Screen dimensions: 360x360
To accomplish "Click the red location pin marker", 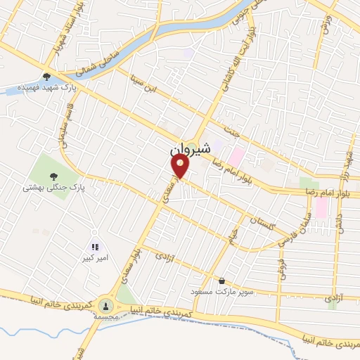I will tap(181, 167).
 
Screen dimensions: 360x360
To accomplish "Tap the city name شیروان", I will tap(191, 149).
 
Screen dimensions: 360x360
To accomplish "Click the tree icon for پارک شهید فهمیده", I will tap(47, 77).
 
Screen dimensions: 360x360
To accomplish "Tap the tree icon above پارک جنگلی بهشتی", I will tap(53, 176).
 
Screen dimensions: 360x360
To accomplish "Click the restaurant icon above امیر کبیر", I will tap(95, 247).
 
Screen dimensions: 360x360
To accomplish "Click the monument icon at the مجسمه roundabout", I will tap(105, 305).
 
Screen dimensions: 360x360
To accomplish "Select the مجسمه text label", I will tap(105, 318).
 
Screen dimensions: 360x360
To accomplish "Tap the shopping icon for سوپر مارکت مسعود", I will tap(222, 280).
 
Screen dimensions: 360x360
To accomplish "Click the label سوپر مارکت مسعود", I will tap(221, 291).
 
